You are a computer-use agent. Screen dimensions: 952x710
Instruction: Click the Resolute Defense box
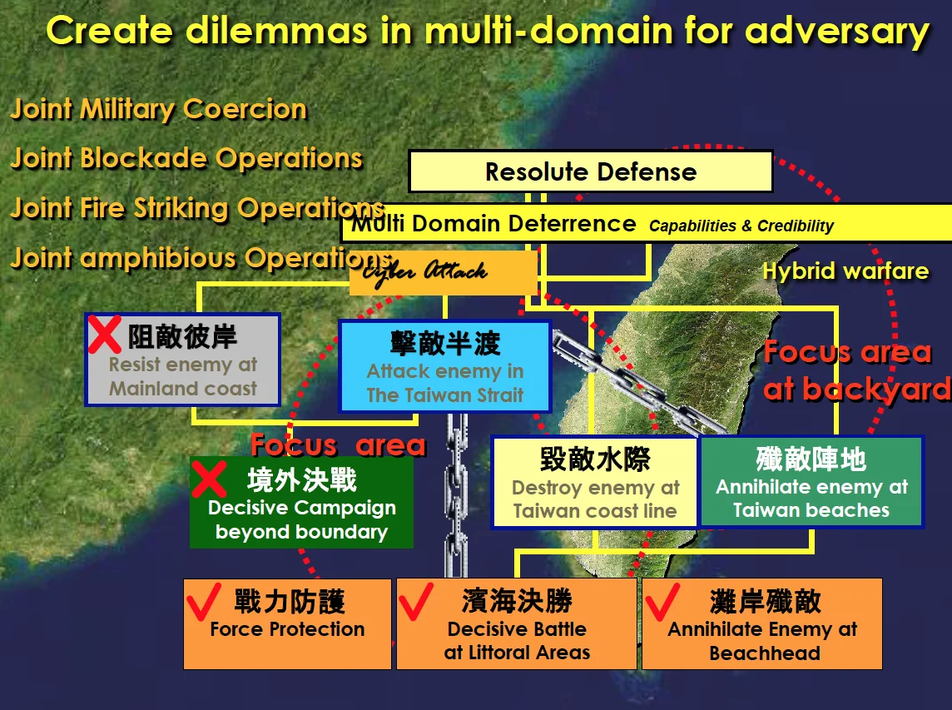[591, 172]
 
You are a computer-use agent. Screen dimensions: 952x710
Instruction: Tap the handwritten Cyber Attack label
[425, 272]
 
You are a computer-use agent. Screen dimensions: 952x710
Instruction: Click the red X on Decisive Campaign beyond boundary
[209, 479]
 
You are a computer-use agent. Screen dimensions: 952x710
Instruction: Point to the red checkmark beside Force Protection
[203, 601]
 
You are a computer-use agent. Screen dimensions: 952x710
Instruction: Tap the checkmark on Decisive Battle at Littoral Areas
[416, 601]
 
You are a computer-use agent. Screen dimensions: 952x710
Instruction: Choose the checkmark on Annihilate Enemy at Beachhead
[662, 601]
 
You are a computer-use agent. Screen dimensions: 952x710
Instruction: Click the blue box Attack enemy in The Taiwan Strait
[445, 367]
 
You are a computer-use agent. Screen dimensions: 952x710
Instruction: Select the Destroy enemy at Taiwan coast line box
[595, 482]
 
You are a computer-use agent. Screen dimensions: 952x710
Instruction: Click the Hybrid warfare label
[845, 271]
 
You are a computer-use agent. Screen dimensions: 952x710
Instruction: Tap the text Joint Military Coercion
[159, 110]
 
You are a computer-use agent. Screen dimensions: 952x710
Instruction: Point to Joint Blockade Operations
[187, 158]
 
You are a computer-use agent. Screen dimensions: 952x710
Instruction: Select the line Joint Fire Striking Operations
[198, 208]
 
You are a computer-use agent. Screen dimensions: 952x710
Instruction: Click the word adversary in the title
[837, 31]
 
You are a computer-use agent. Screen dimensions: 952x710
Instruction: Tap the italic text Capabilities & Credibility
[741, 226]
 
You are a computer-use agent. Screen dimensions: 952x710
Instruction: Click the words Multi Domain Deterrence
[494, 224]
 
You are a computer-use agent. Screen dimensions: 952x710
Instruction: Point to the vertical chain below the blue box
[457, 495]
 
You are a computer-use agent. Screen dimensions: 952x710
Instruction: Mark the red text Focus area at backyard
[856, 370]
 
